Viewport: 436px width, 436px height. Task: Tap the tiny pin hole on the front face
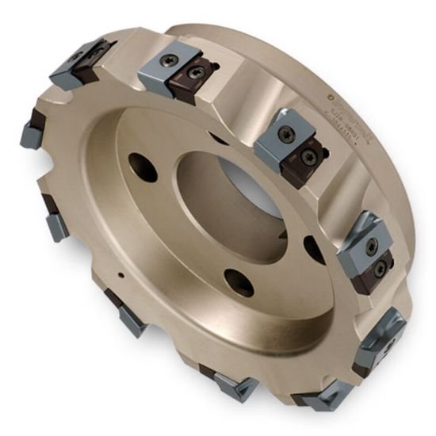(x=120, y=276)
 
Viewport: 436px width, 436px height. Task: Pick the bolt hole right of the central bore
(x=315, y=248)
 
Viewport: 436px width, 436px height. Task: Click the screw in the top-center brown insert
(x=193, y=73)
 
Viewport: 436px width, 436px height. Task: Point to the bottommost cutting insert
(x=325, y=397)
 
